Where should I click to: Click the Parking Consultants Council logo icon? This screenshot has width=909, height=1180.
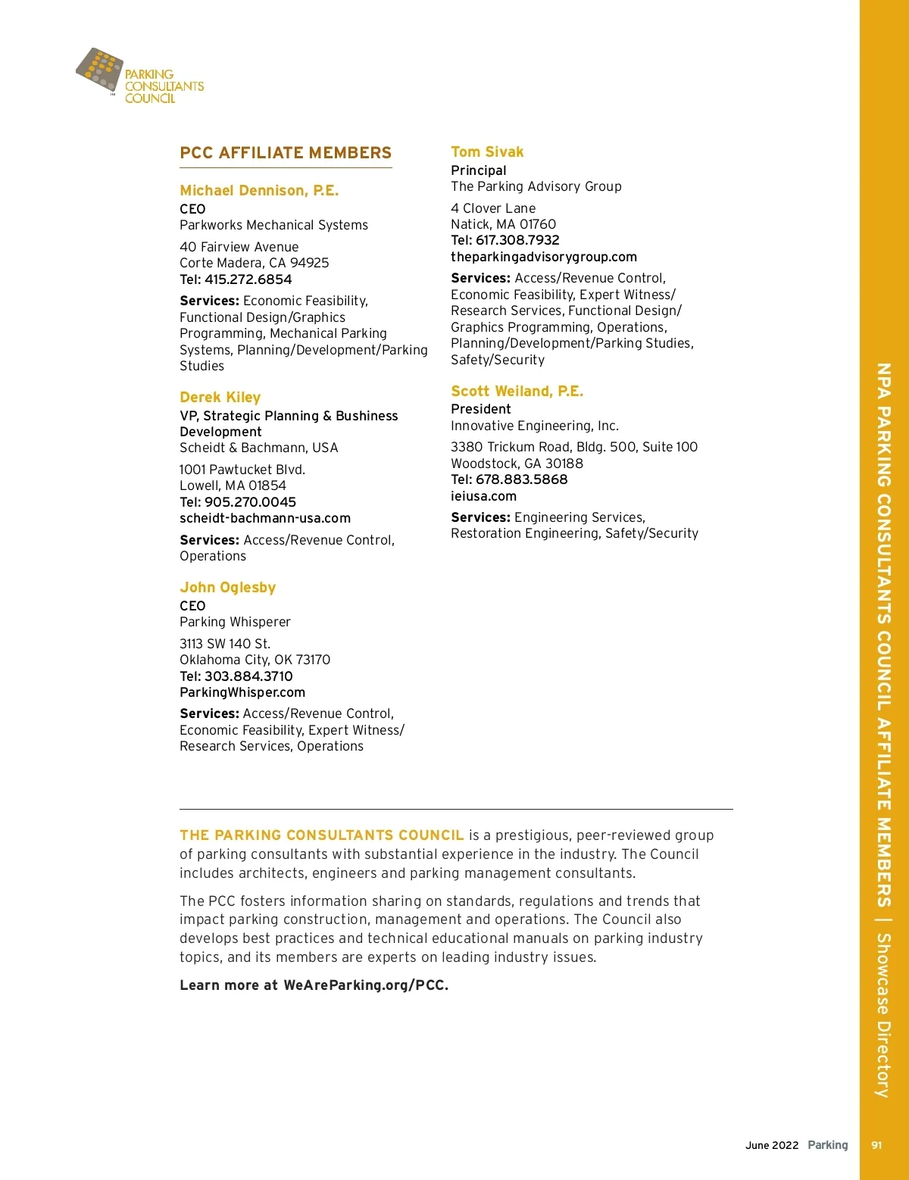point(100,70)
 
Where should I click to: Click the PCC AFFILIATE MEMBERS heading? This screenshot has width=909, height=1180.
point(286,153)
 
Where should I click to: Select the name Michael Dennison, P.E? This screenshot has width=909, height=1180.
point(259,191)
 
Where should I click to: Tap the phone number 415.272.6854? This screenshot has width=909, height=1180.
point(248,279)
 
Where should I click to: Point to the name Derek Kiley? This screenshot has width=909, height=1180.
point(220,398)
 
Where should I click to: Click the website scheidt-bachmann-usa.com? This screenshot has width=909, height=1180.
point(265,519)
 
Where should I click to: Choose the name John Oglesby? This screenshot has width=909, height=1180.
point(227,588)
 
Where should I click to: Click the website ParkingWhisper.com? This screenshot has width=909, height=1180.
point(242,693)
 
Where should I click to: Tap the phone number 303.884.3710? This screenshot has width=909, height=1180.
point(248,676)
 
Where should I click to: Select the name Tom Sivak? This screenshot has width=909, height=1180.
point(487,152)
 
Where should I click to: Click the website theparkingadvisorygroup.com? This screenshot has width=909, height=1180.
point(544,258)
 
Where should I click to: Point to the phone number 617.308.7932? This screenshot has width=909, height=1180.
point(517,240)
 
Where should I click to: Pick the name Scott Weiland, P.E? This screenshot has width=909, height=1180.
point(517,392)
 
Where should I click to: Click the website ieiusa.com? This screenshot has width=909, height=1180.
point(483,497)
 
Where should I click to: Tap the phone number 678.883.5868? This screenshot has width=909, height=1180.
point(521,479)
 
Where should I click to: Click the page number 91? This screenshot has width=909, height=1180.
point(876,1145)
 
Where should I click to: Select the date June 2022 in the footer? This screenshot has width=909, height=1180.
point(772,1145)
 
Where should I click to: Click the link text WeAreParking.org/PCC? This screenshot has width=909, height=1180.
point(366,985)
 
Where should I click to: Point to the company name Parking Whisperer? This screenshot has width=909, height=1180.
point(235,622)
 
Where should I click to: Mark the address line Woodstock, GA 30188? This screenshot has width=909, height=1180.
point(517,464)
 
